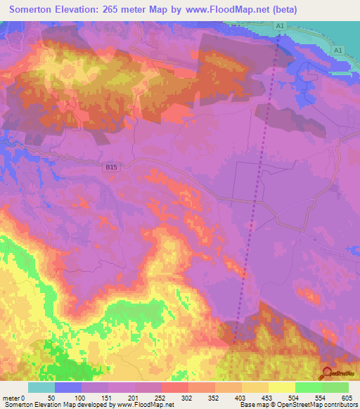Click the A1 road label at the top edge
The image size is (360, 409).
click(x=280, y=25)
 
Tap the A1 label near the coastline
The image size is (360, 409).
click(x=339, y=51)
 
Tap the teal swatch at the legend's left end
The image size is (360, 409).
click(x=41, y=387)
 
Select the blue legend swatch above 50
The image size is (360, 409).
click(x=67, y=387)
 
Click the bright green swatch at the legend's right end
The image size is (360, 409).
click(x=335, y=387)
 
